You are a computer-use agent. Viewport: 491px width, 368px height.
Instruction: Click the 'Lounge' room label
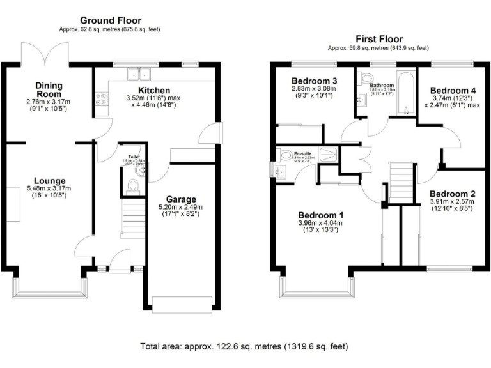pyautogui.click(x=49, y=181)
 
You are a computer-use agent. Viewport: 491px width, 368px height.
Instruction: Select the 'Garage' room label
pyautogui.click(x=181, y=199)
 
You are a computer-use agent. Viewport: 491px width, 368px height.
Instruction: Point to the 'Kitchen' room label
pyautogui.click(x=153, y=91)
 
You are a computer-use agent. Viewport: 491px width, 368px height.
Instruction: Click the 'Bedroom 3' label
pyautogui.click(x=314, y=80)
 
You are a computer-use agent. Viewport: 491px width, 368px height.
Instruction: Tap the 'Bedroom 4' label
pyautogui.click(x=453, y=90)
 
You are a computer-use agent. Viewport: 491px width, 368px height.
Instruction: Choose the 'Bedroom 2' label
pyautogui.click(x=452, y=194)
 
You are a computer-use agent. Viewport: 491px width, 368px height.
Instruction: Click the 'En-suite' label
pyautogui.click(x=302, y=154)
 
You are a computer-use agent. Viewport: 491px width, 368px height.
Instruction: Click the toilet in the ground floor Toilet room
pyautogui.click(x=133, y=185)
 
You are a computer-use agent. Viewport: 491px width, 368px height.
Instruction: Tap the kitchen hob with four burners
pyautogui.click(x=101, y=99)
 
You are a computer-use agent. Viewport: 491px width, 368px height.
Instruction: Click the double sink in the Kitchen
pyautogui.click(x=137, y=72)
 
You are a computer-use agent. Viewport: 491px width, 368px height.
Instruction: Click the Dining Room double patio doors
pyautogui.click(x=44, y=53)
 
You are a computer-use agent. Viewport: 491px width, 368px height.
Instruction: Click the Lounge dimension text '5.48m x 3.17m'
pyautogui.click(x=49, y=189)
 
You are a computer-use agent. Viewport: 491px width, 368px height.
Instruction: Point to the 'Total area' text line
pyautogui.click(x=244, y=347)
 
